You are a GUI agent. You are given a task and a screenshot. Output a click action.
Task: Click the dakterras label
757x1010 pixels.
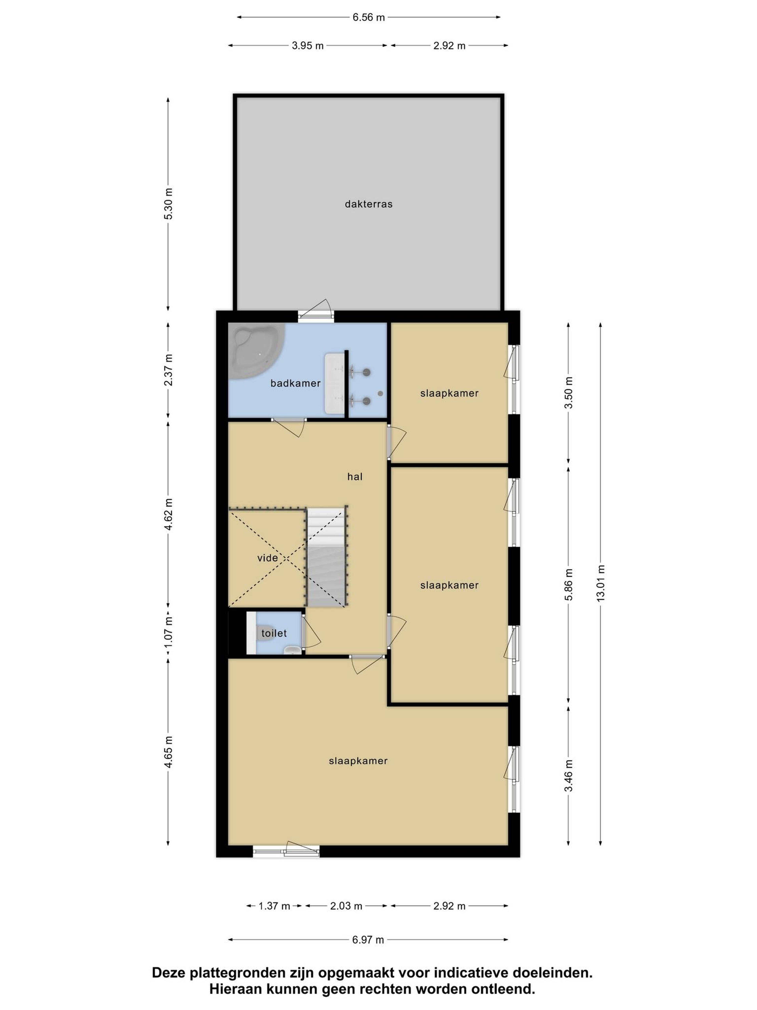(x=368, y=204)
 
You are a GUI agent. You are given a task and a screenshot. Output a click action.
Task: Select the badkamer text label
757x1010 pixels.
(x=295, y=383)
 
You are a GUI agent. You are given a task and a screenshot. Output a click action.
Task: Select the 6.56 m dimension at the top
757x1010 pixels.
(x=369, y=17)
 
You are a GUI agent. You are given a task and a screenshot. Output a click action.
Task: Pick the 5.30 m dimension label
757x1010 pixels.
(x=168, y=204)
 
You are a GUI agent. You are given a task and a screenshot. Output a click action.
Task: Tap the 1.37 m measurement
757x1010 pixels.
(x=274, y=906)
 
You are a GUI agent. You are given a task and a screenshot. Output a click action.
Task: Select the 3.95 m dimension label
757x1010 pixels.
(x=308, y=46)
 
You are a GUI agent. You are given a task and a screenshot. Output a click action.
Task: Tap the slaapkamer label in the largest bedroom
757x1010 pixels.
(x=358, y=761)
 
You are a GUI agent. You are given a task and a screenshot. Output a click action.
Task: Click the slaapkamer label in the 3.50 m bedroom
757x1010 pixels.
(x=449, y=393)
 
